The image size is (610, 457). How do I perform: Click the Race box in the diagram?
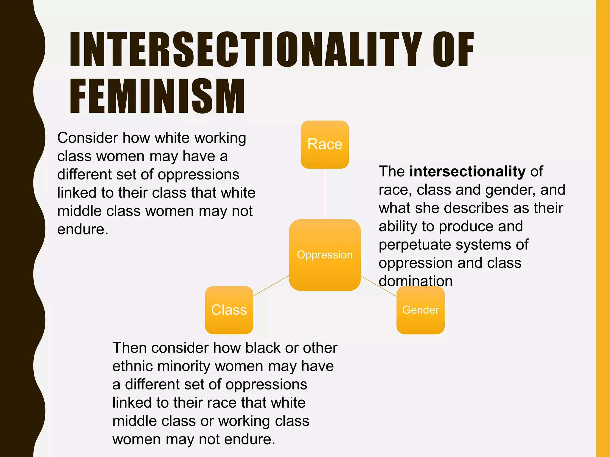pos(325,145)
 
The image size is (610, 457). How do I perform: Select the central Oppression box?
pos(325,255)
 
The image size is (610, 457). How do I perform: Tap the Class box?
pos(229,310)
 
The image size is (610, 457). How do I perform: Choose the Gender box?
pos(420,310)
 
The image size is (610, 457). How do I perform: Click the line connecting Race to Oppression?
pos(325,194)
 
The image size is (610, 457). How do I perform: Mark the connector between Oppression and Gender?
pos(378,286)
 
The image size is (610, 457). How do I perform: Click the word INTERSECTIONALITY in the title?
pos(246,49)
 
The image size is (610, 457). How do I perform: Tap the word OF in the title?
pos(453,49)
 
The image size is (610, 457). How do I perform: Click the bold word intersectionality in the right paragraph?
pos(468,172)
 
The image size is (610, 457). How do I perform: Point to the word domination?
pos(416,281)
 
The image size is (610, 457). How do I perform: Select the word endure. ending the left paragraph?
pos(83,229)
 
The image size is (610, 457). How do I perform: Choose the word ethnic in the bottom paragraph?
pos(133,366)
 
